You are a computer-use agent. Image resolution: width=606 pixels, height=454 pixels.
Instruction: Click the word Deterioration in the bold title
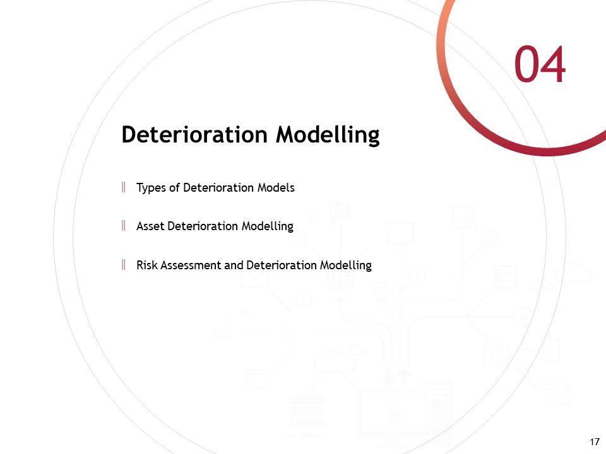click(195, 134)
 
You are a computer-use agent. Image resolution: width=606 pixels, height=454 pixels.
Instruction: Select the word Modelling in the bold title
click(328, 136)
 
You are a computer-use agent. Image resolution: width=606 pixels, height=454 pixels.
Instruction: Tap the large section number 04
click(540, 64)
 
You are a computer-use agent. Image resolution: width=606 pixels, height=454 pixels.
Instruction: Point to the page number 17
click(595, 441)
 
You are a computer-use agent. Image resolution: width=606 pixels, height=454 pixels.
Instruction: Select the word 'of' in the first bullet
click(174, 188)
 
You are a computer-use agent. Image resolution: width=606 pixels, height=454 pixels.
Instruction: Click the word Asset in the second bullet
click(150, 226)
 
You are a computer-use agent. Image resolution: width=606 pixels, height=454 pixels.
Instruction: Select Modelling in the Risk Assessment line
click(346, 265)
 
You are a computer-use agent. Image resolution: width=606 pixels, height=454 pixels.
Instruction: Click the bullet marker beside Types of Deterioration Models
click(123, 187)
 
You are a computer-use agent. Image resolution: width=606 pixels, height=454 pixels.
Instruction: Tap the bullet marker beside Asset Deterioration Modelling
click(123, 226)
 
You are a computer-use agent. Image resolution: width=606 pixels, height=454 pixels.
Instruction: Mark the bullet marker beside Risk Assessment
click(123, 264)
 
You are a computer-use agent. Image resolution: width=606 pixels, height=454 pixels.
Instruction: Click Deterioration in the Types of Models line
click(218, 188)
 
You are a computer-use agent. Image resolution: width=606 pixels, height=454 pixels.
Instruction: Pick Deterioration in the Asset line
click(203, 226)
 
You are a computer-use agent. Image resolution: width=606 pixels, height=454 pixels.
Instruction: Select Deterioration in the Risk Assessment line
click(282, 265)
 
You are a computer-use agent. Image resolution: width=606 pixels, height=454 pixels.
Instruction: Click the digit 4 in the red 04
click(554, 64)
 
